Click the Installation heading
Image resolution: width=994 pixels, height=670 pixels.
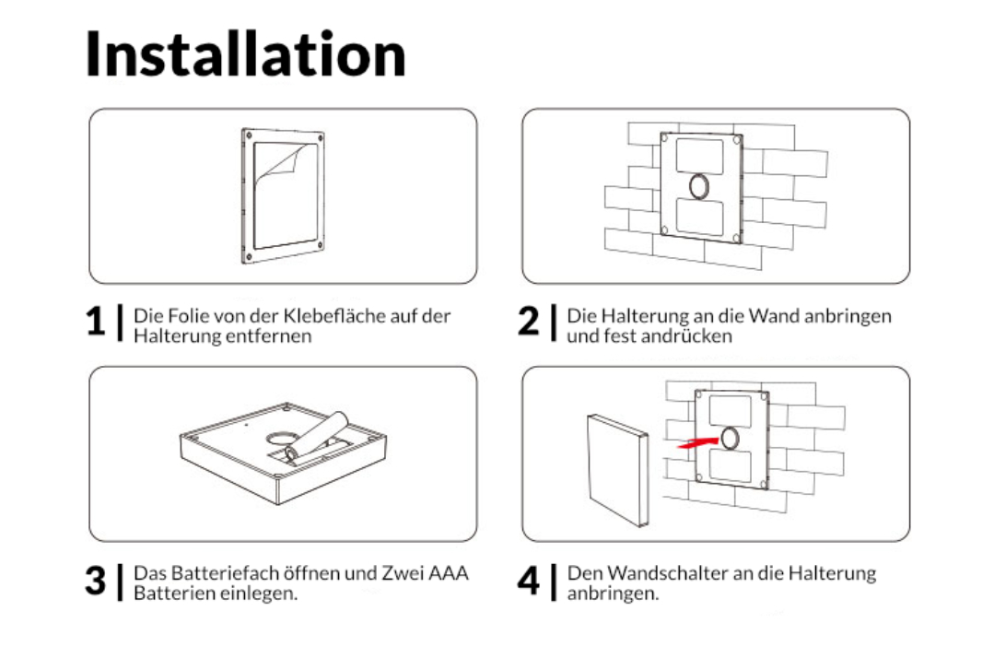[x=245, y=54]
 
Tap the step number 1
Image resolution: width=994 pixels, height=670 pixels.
[x=96, y=322]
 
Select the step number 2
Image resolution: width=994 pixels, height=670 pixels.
[x=528, y=322]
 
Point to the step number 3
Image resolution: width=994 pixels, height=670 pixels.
[x=96, y=581]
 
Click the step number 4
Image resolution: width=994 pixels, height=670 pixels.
[x=529, y=581]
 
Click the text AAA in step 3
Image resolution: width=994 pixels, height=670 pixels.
[x=449, y=573]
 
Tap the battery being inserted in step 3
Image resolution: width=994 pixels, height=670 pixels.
[x=317, y=436]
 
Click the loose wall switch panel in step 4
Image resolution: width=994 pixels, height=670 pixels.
[x=617, y=470]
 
